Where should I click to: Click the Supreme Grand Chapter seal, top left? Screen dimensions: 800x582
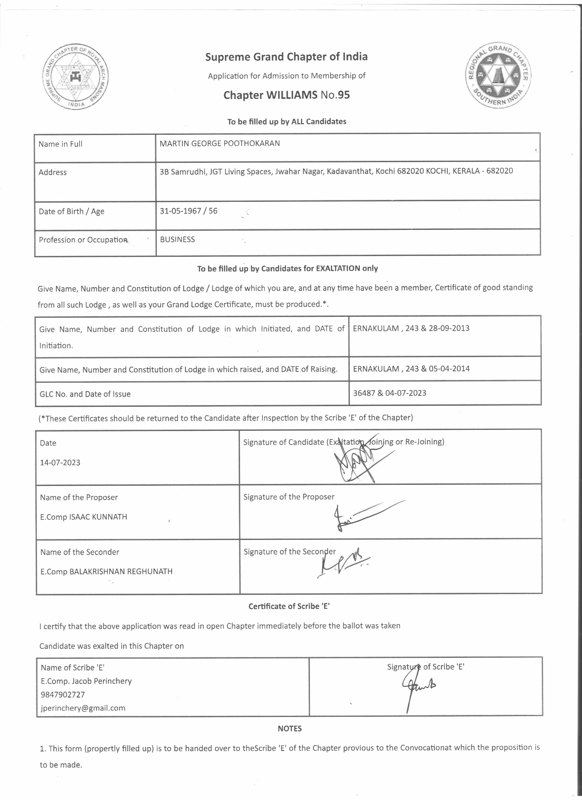(76, 77)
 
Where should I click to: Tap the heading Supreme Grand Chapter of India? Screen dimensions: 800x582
(286, 57)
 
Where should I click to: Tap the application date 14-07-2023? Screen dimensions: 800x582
(60, 462)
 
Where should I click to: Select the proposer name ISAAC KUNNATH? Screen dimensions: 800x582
(98, 517)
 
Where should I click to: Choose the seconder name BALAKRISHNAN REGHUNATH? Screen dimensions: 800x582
(121, 571)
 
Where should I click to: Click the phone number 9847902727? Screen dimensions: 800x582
(63, 695)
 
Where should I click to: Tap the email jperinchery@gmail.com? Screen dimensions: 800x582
(83, 708)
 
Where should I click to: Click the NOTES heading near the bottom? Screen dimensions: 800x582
(289, 728)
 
